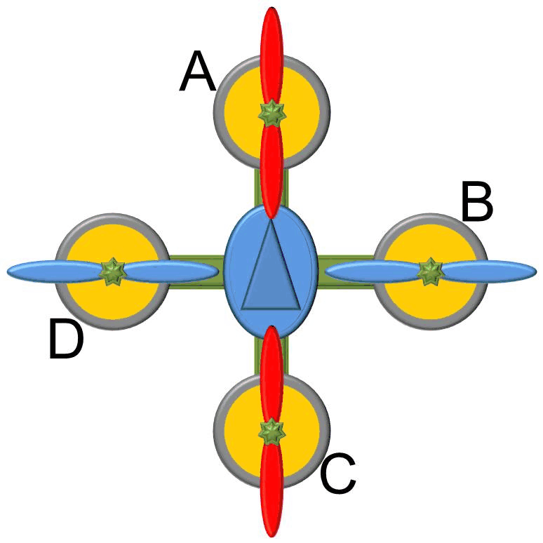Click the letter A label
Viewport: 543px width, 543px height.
[197, 71]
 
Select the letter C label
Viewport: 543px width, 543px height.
[338, 473]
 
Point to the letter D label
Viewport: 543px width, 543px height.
[67, 339]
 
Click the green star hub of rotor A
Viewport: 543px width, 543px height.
[272, 113]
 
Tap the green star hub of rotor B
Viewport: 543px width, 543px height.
[431, 271]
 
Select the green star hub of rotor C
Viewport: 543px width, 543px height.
[272, 432]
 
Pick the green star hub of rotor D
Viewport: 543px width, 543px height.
[113, 271]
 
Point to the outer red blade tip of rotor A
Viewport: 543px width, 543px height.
[272, 8]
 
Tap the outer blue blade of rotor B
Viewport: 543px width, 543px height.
[489, 271]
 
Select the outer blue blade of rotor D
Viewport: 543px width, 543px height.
[55, 271]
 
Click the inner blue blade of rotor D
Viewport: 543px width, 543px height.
[170, 271]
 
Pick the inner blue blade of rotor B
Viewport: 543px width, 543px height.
[373, 271]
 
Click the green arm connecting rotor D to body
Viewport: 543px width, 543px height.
[196, 271]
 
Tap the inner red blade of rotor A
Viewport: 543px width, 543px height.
[272, 172]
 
